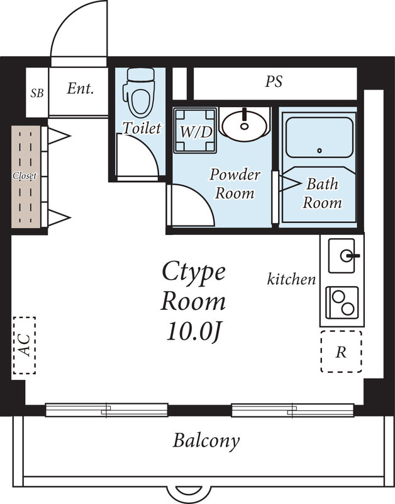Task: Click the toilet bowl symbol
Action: tap(138, 91)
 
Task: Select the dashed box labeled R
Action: tap(341, 352)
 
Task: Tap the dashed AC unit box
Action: tap(24, 345)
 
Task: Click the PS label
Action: tap(274, 82)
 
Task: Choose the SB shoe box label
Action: tap(37, 93)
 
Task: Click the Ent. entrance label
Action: tap(80, 89)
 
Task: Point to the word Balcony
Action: tap(206, 440)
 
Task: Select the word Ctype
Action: tap(194, 272)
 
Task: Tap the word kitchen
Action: tap(291, 278)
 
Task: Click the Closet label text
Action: tap(25, 176)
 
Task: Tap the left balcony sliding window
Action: tap(107, 410)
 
